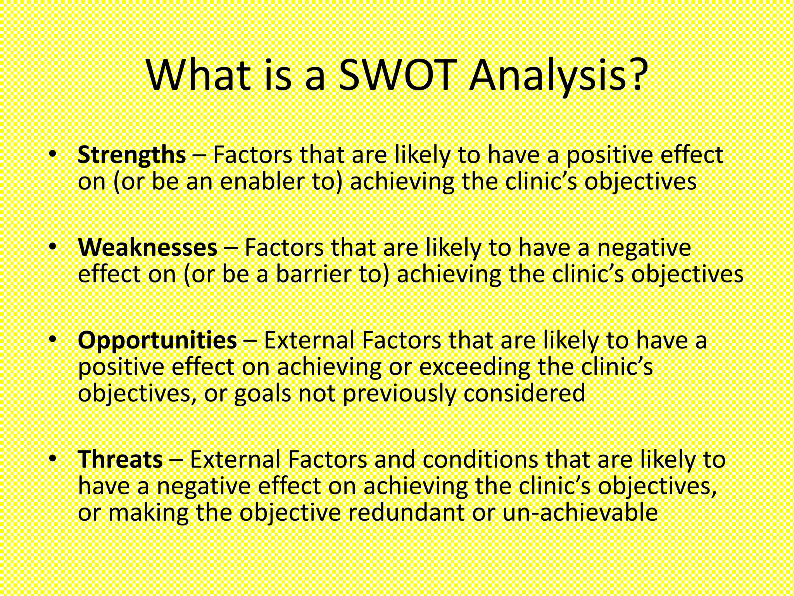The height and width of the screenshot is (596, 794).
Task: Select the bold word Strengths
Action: coord(132,155)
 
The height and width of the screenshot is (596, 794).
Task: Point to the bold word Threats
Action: coord(120,459)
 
